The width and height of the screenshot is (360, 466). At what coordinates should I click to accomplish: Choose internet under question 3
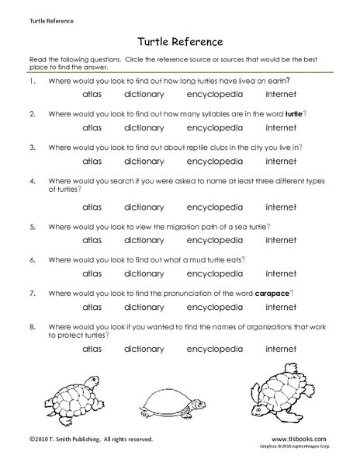tap(281, 162)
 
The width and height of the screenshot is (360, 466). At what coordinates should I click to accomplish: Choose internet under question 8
tap(281, 349)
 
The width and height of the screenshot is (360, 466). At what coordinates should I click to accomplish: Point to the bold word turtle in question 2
tap(293, 113)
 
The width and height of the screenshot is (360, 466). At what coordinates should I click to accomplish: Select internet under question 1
tap(281, 95)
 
